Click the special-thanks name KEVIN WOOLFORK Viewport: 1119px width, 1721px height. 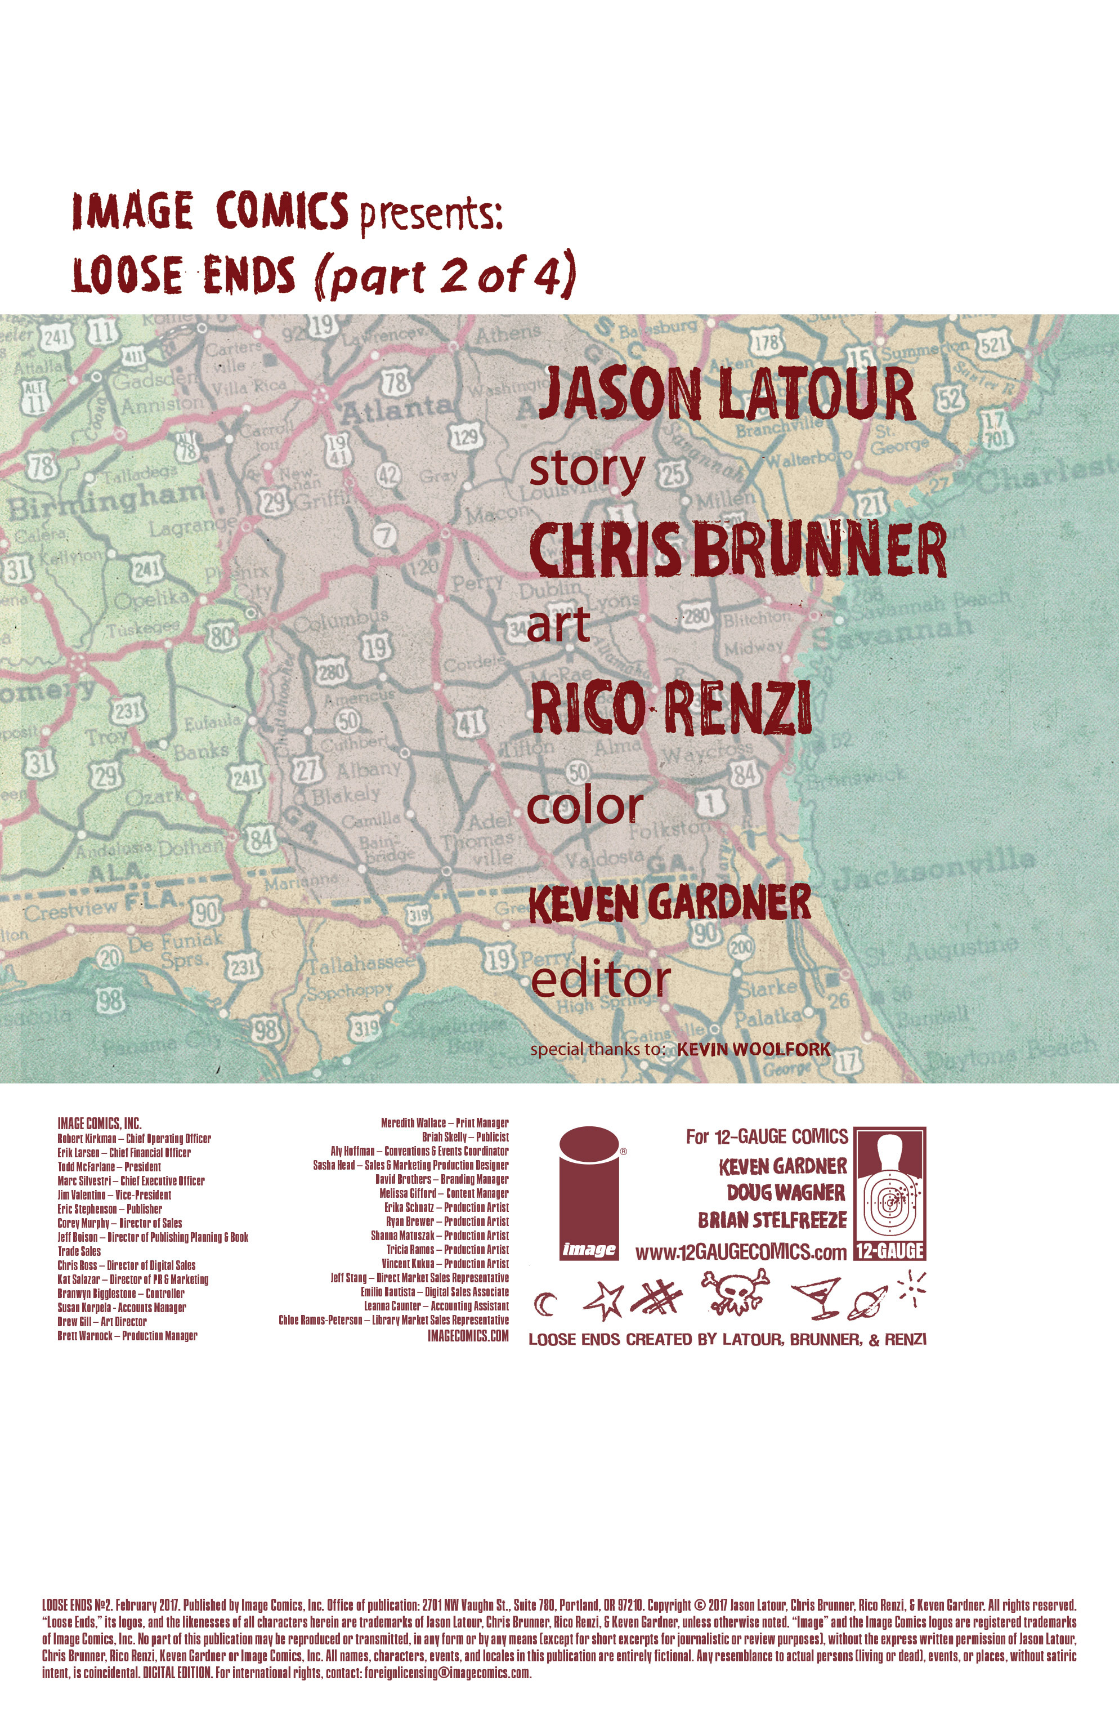753,1049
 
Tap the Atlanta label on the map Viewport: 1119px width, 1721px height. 396,410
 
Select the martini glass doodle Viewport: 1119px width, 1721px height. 817,1298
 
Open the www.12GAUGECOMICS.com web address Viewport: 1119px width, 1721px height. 740,1253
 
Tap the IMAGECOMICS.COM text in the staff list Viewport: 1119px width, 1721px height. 468,1336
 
